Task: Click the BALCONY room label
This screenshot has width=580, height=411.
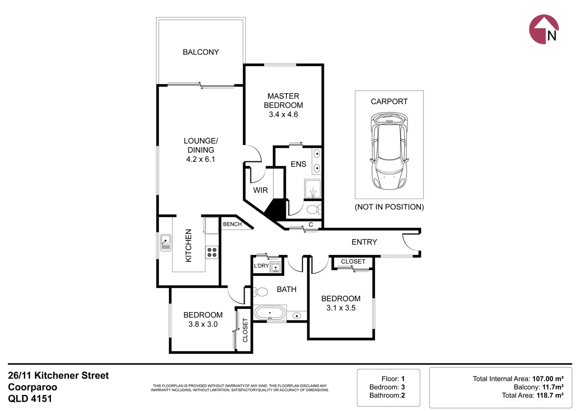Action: (201, 52)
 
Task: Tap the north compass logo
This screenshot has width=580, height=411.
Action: (544, 29)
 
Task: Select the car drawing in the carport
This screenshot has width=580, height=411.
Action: (389, 151)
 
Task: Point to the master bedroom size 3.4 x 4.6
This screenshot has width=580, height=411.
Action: (283, 115)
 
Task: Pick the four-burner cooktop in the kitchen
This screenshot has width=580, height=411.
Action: (212, 252)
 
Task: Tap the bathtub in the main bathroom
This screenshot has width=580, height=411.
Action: (270, 313)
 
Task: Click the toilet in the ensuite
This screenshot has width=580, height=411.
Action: (313, 209)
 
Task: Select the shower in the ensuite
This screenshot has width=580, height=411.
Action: (313, 189)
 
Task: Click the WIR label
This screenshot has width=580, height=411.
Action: (261, 190)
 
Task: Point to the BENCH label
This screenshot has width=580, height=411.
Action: (232, 224)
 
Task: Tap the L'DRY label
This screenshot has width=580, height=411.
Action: (261, 266)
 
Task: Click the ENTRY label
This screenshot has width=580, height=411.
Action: (364, 242)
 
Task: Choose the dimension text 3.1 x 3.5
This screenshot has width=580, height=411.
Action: (341, 308)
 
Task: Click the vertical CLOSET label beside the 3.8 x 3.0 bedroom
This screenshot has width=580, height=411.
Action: (245, 330)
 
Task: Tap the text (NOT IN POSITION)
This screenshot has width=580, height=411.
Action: (389, 207)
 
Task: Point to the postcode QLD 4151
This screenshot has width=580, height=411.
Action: (30, 398)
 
